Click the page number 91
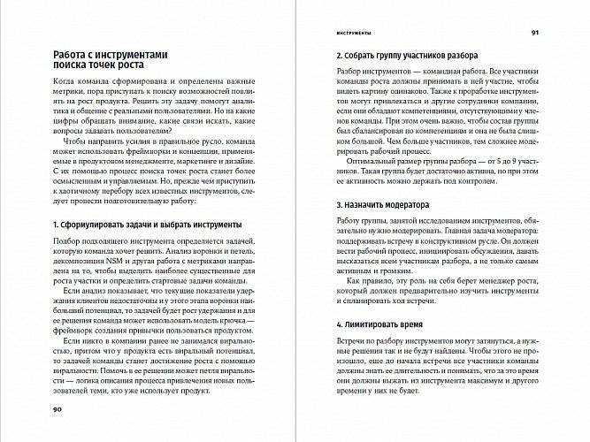(x=535, y=33)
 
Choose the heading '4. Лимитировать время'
(x=378, y=325)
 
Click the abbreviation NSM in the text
(x=91, y=264)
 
